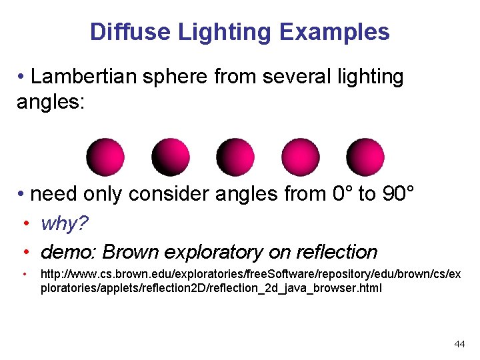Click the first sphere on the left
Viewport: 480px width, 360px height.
tap(105, 157)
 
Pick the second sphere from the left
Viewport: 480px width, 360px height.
tap(170, 157)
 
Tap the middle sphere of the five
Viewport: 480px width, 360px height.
tap(235, 157)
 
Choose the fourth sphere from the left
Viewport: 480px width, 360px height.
tap(300, 157)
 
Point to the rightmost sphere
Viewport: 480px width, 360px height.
tap(365, 157)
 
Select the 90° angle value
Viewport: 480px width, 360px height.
tap(399, 194)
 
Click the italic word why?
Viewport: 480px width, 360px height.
tap(65, 224)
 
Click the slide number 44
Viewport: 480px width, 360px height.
tap(459, 344)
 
